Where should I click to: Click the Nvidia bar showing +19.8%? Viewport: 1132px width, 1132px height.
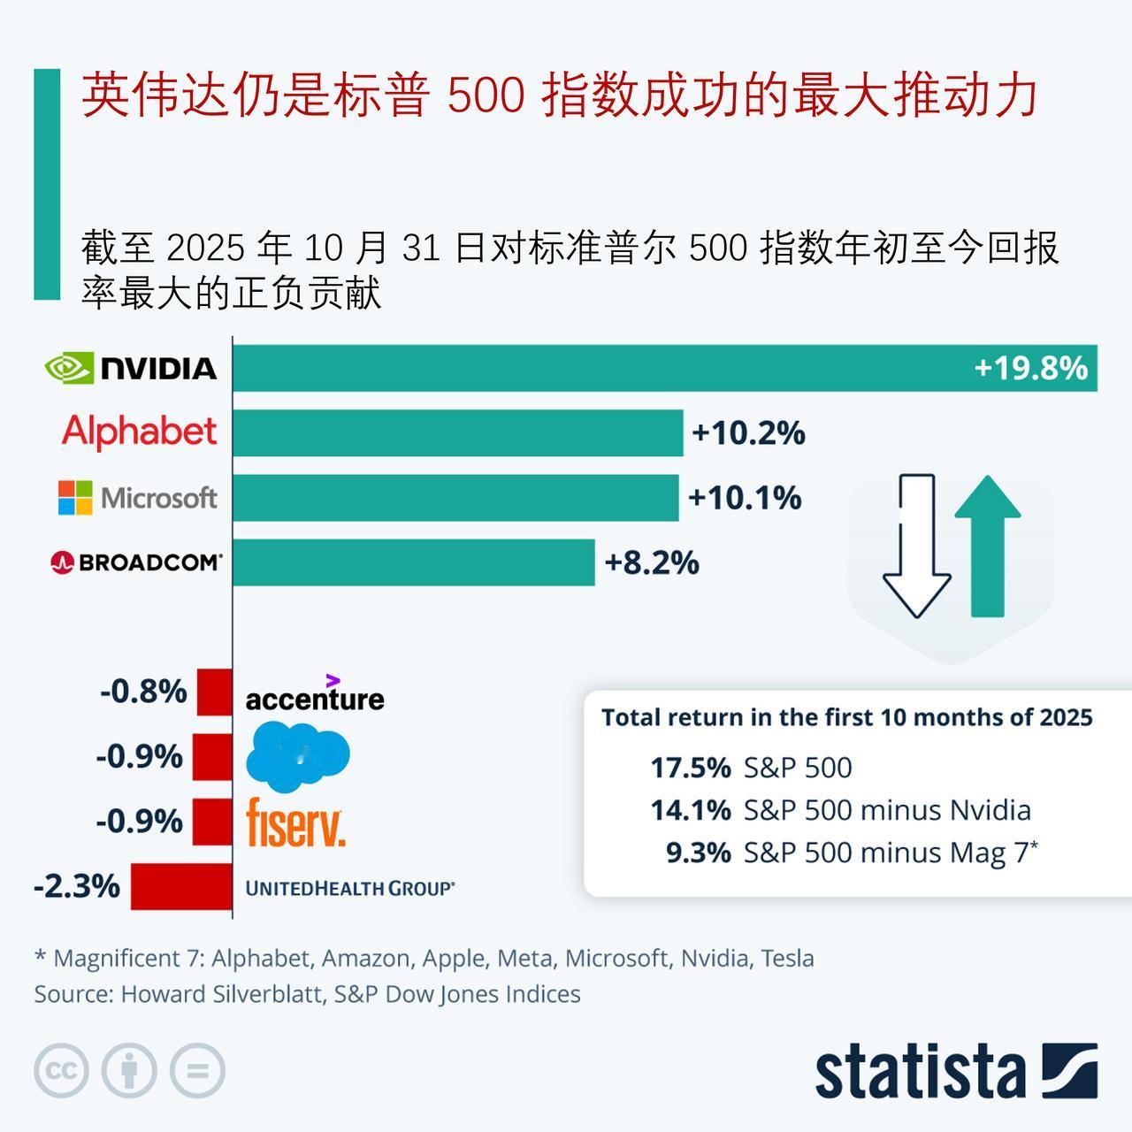[x=663, y=368]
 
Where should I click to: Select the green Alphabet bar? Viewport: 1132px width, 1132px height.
[x=457, y=432]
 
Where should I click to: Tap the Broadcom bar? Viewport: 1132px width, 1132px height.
[x=413, y=562]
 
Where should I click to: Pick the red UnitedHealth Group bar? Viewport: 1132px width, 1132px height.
[x=181, y=886]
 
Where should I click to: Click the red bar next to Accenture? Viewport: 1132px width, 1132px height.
[x=214, y=692]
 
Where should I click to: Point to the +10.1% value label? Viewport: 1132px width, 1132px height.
[x=745, y=498]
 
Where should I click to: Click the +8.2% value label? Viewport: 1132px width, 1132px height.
[x=652, y=562]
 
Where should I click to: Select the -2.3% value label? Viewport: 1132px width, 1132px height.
[x=77, y=885]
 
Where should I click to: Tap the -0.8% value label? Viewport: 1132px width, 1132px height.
[x=143, y=691]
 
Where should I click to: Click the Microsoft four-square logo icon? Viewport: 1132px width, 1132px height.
[x=75, y=498]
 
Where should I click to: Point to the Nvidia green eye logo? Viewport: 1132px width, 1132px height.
[x=68, y=368]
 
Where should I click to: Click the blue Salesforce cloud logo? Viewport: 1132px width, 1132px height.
[x=297, y=755]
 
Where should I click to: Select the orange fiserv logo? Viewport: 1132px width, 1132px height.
[x=294, y=822]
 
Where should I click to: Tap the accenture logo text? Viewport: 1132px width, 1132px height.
[x=315, y=698]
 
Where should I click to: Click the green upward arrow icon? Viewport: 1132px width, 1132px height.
[x=987, y=546]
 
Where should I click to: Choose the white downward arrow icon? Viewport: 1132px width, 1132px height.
[x=917, y=546]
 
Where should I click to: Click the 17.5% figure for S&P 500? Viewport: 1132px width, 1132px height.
[x=691, y=768]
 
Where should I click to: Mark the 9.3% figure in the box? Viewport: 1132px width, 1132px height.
[x=699, y=853]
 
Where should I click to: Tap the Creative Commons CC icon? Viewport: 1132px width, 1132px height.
[x=61, y=1071]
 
